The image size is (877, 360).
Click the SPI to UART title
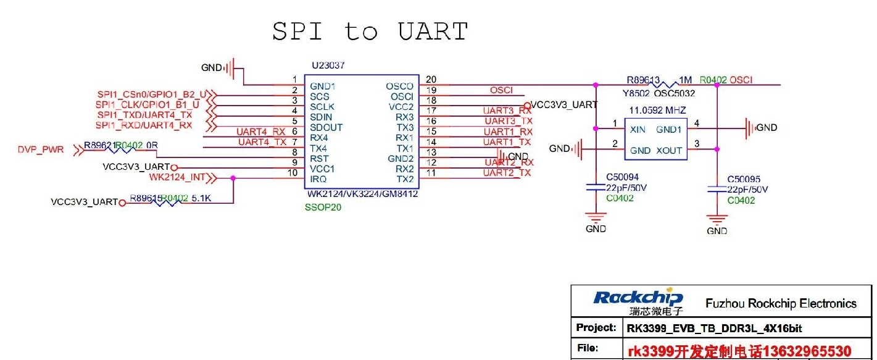370,31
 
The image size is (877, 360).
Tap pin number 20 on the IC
431,79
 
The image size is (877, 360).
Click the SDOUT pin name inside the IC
326,127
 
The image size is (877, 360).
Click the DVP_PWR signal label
41,149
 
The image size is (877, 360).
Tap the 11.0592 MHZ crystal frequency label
657,110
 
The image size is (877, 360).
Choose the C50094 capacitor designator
622,177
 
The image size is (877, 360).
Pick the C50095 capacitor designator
744,179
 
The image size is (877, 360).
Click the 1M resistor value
685,80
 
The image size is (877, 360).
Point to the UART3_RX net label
507,111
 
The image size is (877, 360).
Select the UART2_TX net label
507,173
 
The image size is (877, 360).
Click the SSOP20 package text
323,207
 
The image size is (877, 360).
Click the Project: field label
596,327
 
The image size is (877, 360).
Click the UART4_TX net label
262,142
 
